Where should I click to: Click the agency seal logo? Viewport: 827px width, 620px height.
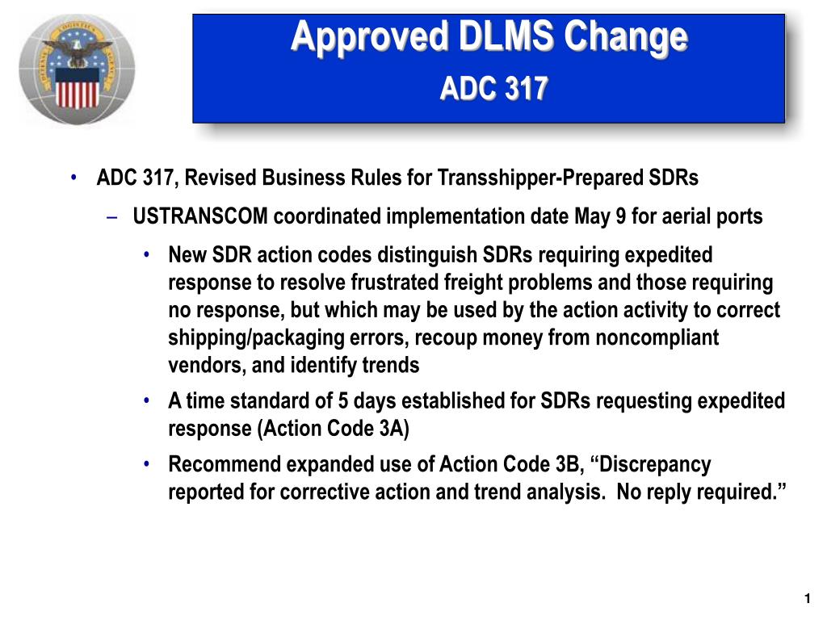[x=77, y=69]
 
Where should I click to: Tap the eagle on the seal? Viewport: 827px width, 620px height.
[x=78, y=52]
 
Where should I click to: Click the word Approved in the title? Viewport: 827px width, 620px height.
[x=369, y=38]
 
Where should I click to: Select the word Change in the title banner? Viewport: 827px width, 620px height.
[x=626, y=38]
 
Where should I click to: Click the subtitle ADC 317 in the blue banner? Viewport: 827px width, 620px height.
[x=494, y=88]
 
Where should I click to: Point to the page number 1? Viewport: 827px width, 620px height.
[x=807, y=598]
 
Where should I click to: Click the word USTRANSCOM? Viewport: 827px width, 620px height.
[x=200, y=216]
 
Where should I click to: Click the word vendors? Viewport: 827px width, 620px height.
[x=208, y=365]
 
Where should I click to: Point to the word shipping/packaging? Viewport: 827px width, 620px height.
[x=256, y=337]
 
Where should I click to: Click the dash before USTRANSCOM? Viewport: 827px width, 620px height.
[x=111, y=216]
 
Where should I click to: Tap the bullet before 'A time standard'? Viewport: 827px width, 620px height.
[x=147, y=400]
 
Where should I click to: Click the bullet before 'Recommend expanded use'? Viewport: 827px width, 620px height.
[x=147, y=464]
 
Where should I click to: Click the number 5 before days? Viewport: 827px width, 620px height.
[x=342, y=400]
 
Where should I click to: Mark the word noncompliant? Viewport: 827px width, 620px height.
[x=657, y=337]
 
